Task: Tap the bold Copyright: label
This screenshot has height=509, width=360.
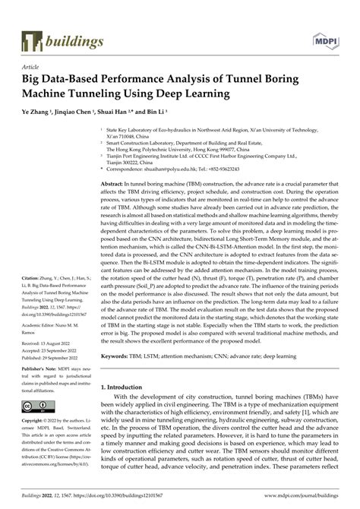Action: click(36, 420)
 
